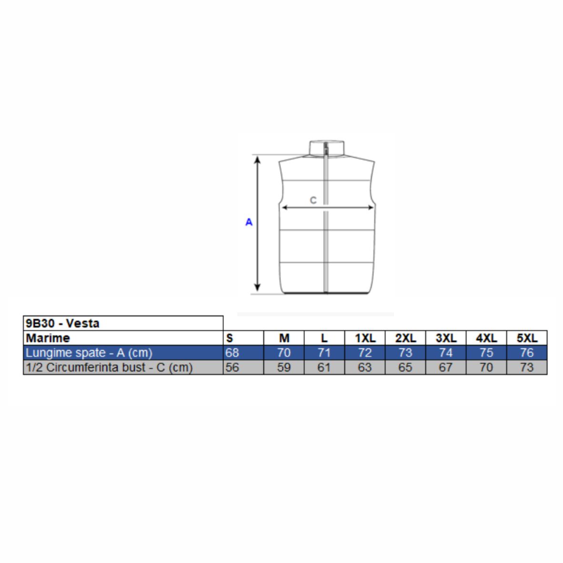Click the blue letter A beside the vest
(249, 222)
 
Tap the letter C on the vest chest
(313, 201)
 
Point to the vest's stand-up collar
(327, 148)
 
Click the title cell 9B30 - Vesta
(62, 323)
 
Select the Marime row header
(48, 338)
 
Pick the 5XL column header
(527, 338)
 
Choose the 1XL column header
(365, 338)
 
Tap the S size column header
(230, 338)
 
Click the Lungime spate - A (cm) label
(89, 352)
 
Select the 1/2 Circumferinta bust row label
(109, 367)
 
